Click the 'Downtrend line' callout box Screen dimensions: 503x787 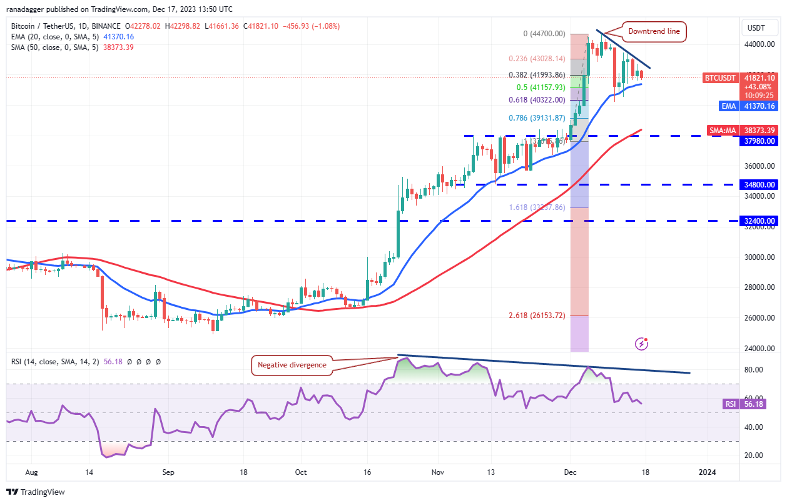tap(654, 31)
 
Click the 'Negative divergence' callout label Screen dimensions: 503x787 tap(291, 365)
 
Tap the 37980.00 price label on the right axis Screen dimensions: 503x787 tap(759, 141)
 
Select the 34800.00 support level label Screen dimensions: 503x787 tap(759, 185)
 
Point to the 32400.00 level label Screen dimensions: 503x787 tap(759, 221)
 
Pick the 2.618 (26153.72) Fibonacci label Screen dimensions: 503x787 tap(536, 316)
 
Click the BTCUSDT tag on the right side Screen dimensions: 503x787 tap(719, 78)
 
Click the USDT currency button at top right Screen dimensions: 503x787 tap(759, 28)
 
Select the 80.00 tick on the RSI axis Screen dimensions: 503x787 tap(754, 370)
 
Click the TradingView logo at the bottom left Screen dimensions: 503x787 tap(36, 492)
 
